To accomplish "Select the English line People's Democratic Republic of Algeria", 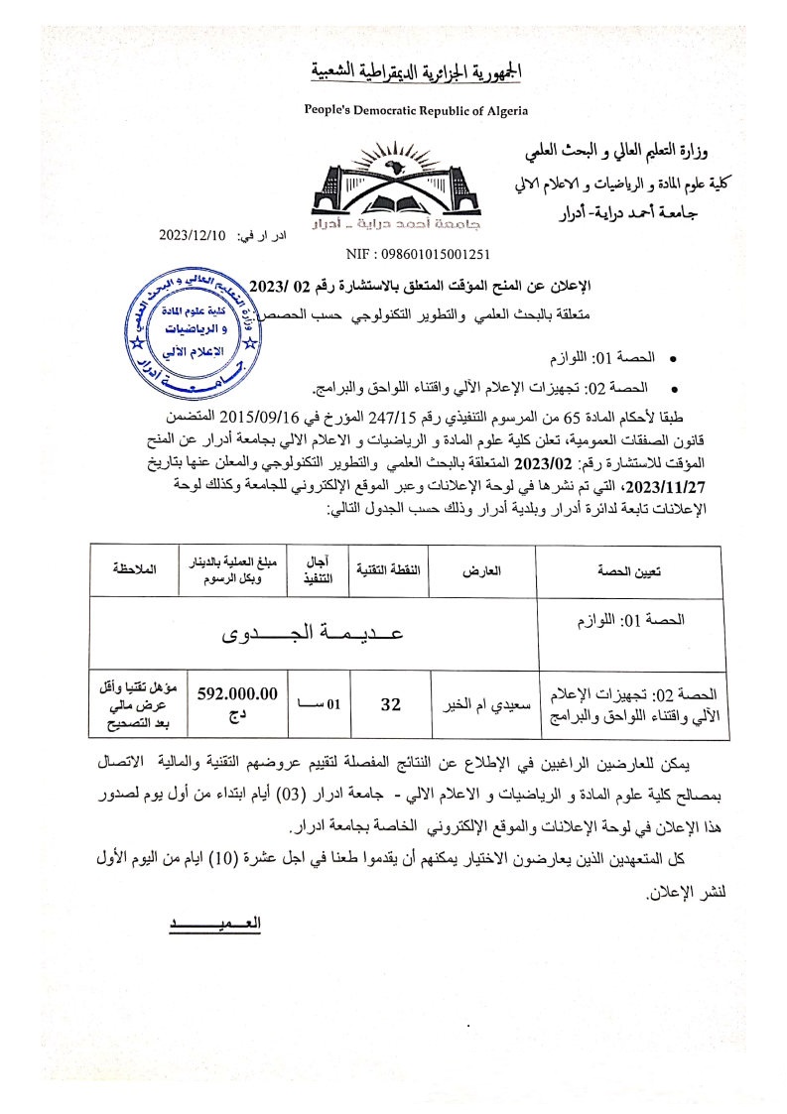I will (x=416, y=111).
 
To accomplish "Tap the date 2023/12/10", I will (x=194, y=235).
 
